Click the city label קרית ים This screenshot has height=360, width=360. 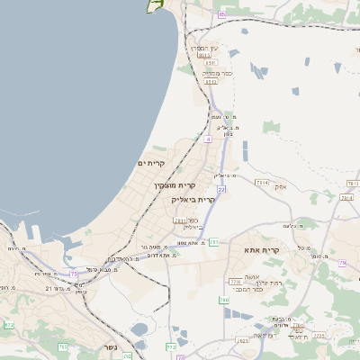[x=150, y=163]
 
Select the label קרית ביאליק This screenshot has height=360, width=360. [x=193, y=200]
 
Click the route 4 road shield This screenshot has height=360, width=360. [x=208, y=139]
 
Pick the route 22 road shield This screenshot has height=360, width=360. [x=221, y=190]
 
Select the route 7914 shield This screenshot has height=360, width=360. [x=262, y=183]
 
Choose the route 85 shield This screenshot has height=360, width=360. [x=221, y=14]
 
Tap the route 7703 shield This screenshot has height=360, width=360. [x=235, y=282]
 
